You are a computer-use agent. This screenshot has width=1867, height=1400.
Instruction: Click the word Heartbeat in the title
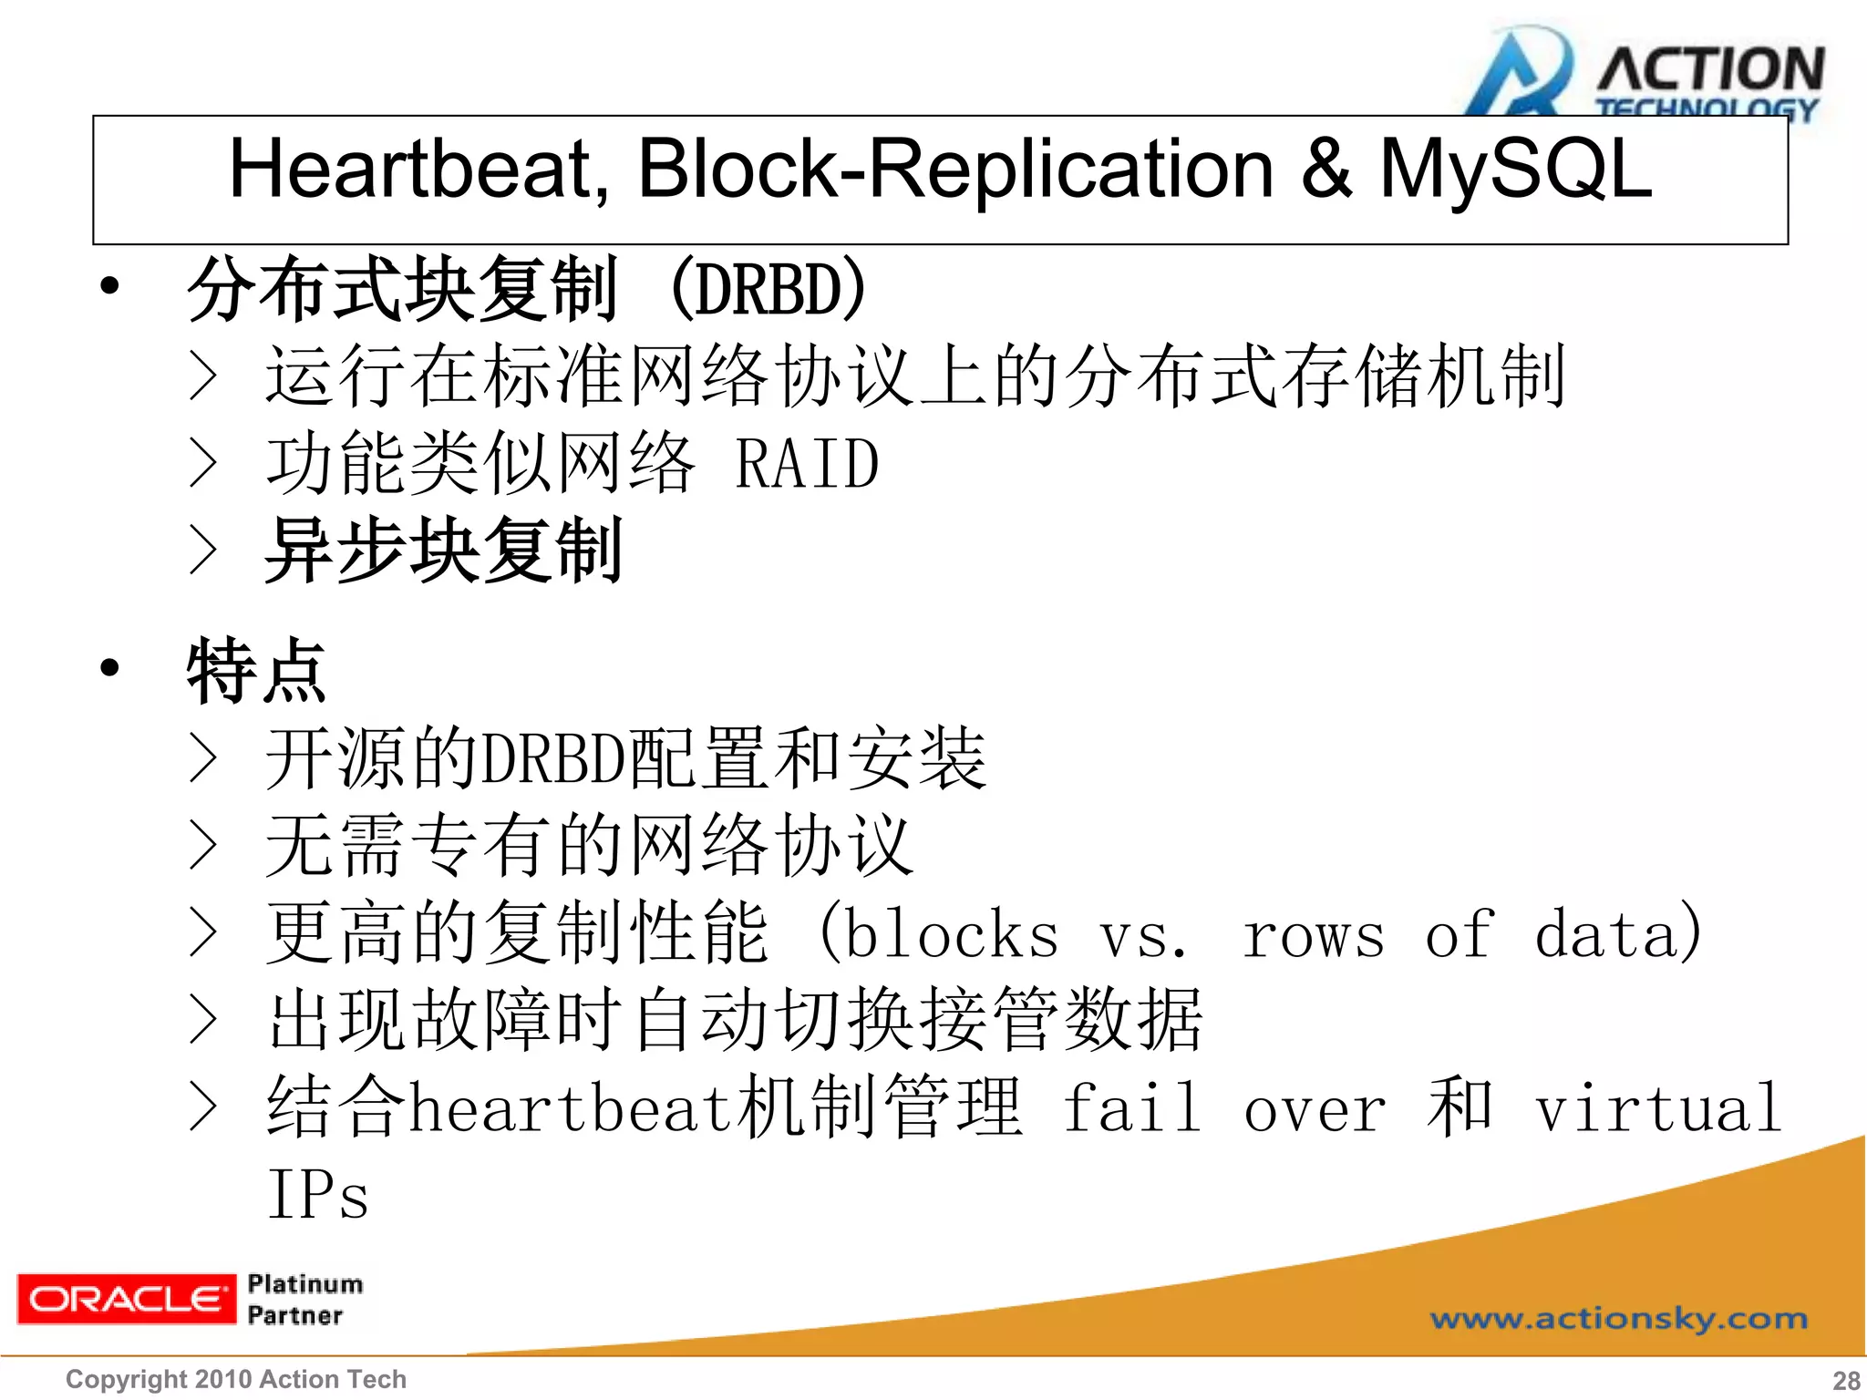pos(418,169)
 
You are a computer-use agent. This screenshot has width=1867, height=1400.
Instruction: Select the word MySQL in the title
pos(1515,169)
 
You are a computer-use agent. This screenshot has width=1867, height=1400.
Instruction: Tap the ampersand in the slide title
pos(1326,169)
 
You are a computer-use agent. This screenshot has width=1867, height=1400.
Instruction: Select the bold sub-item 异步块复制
pos(443,551)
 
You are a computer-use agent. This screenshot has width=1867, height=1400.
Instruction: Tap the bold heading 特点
pos(256,671)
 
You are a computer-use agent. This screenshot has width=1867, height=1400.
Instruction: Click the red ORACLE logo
pos(126,1298)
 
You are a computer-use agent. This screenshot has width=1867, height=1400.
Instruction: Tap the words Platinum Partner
pos(304,1300)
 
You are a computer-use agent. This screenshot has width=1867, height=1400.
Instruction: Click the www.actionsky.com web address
pos(1618,1319)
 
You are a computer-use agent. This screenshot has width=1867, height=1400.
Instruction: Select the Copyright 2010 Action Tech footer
pos(236,1379)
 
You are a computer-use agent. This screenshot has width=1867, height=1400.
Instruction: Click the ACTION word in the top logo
pos(1710,68)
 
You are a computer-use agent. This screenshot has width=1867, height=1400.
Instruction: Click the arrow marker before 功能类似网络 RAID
pos(203,463)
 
